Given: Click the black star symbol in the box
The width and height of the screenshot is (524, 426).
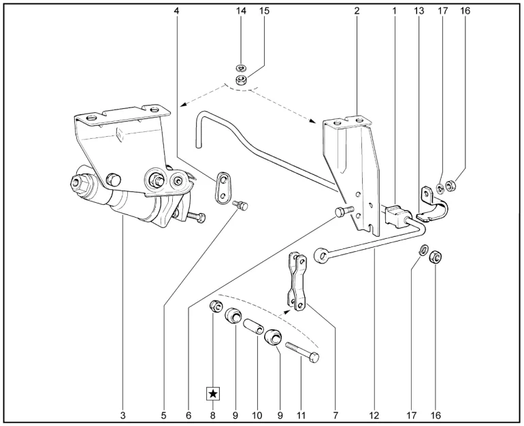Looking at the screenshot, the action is pyautogui.click(x=213, y=394).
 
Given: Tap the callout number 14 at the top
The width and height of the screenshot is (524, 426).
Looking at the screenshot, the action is pyautogui.click(x=241, y=11).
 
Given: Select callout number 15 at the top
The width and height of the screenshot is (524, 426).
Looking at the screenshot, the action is pyautogui.click(x=264, y=11).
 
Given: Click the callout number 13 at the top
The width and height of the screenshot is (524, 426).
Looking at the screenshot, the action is pyautogui.click(x=419, y=11).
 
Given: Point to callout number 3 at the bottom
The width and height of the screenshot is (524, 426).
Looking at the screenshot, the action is pyautogui.click(x=122, y=415).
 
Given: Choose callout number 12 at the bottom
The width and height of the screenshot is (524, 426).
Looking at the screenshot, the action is pyautogui.click(x=374, y=415).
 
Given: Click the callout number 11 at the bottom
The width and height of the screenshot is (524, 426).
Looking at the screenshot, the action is pyautogui.click(x=301, y=415).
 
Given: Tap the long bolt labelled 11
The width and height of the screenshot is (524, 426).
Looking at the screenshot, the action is pyautogui.click(x=302, y=353).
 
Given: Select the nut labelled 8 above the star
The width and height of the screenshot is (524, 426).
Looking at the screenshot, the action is pyautogui.click(x=214, y=306).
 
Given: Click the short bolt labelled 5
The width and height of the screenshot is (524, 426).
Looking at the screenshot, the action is pyautogui.click(x=241, y=205).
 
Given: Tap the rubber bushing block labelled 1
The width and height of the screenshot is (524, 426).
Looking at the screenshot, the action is pyautogui.click(x=395, y=214).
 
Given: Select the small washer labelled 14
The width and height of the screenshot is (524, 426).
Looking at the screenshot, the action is pyautogui.click(x=240, y=68).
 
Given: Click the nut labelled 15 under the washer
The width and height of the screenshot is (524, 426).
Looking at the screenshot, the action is pyautogui.click(x=241, y=80).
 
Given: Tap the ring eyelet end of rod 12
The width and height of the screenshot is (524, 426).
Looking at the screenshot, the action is pyautogui.click(x=321, y=255).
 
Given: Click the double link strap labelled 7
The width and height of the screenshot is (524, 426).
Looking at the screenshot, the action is pyautogui.click(x=297, y=281).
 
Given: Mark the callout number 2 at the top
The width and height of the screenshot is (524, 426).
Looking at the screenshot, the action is pyautogui.click(x=357, y=11).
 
